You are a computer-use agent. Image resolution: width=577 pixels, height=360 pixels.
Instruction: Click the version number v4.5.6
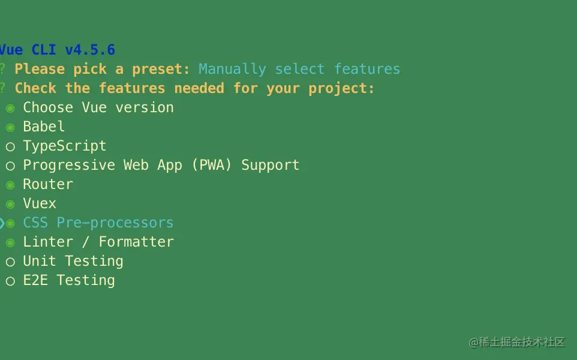pos(90,50)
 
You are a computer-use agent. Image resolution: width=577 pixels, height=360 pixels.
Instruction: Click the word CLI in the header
pos(43,50)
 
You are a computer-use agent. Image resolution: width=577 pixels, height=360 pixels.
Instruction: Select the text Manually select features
pos(299,69)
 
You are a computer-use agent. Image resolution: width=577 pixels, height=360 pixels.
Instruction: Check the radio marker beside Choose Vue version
pos(10,108)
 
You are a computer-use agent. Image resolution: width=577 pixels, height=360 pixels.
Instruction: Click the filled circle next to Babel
pos(10,127)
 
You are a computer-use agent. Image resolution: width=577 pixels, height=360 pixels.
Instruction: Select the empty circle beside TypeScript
pos(10,147)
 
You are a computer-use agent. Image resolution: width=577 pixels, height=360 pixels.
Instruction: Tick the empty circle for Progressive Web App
pos(10,166)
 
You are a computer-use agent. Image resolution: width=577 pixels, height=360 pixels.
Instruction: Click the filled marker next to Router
pos(10,185)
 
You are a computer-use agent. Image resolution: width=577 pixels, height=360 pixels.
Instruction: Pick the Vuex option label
pos(40,203)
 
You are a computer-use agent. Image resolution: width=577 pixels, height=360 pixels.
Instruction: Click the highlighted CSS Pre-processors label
pos(98,223)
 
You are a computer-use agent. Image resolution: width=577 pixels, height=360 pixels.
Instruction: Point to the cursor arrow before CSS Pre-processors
pos(2,223)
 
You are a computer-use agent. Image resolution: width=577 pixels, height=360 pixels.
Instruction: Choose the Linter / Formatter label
pos(98,242)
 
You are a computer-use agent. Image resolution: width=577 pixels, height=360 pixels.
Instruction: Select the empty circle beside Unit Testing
pos(10,262)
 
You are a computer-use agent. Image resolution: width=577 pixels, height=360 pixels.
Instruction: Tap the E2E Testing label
pos(69,280)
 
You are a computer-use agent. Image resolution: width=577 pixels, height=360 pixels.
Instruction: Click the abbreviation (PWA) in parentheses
pos(212,165)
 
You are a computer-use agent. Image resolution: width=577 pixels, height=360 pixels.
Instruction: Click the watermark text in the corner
pos(516,342)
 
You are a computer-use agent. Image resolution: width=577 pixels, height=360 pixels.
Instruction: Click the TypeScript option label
pos(65,146)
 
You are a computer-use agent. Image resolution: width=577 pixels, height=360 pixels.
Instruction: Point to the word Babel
pos(44,127)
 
